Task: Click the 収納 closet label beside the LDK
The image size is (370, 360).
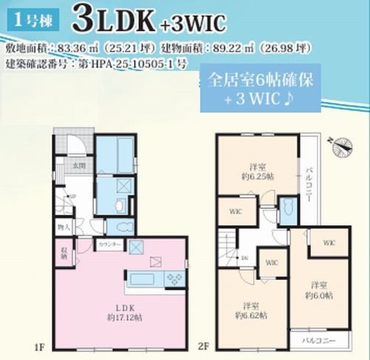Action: pos(64,254)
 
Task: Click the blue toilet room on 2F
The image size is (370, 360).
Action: pos(287,210)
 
